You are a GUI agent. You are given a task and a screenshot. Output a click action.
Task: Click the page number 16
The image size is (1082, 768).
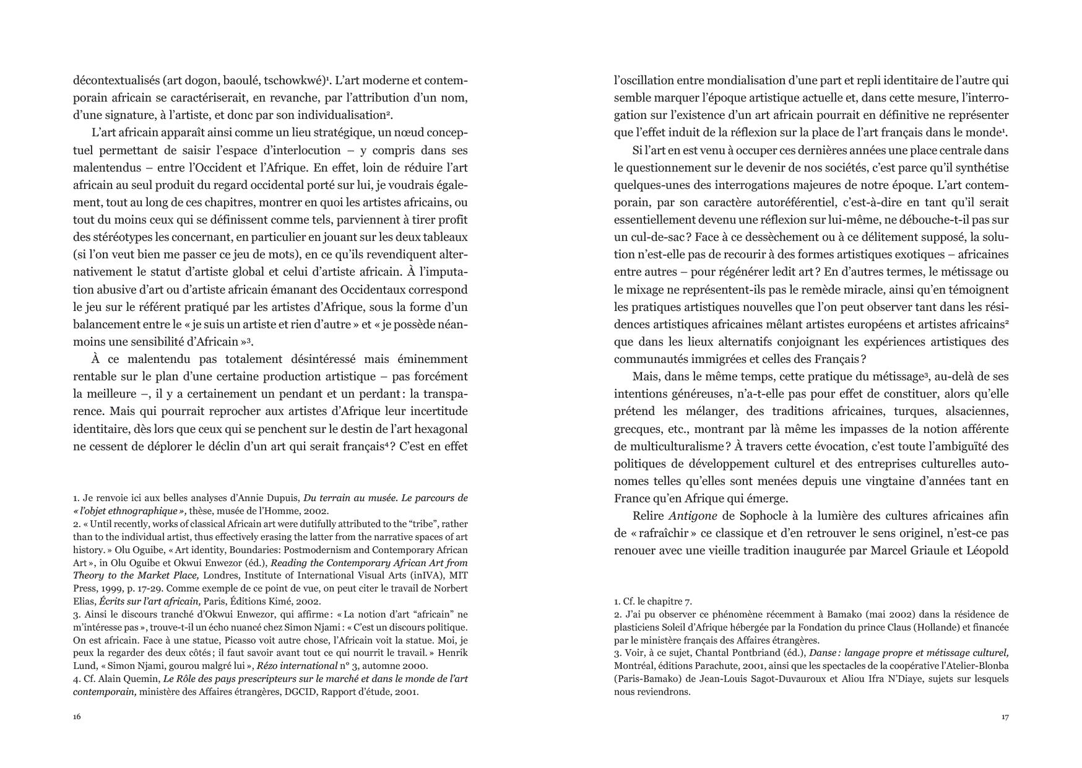(x=77, y=717)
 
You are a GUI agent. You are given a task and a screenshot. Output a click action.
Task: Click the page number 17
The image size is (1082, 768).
(x=1005, y=717)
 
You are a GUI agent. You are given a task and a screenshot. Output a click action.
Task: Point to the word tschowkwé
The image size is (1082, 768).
(x=294, y=81)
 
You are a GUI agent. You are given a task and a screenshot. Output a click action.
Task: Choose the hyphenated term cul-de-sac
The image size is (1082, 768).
(x=649, y=237)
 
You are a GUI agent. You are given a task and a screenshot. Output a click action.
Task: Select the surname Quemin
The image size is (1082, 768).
(x=141, y=678)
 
